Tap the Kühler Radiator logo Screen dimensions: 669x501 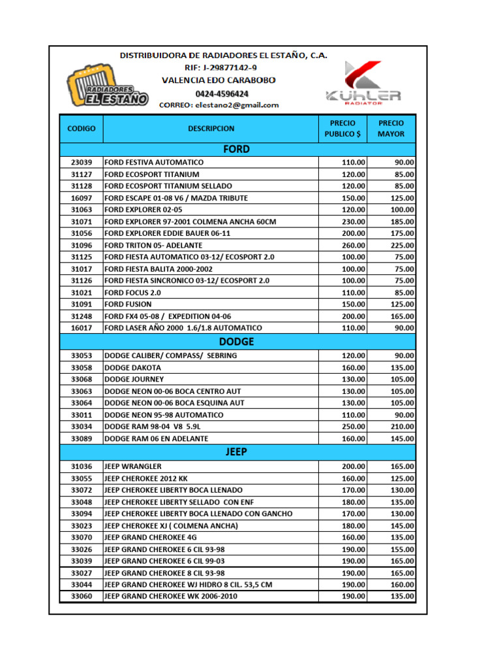tap(364, 84)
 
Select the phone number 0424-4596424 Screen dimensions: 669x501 tap(219, 93)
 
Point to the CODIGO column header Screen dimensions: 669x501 tap(81, 129)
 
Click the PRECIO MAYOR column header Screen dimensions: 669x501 tap(391, 129)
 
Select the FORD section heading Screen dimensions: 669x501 tap(236, 150)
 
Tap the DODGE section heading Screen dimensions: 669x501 tap(236, 342)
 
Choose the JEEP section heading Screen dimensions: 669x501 tap(236, 452)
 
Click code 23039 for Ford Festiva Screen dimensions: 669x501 tap(81, 162)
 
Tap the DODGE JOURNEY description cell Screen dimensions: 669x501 tap(134, 379)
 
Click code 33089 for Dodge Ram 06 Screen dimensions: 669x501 tap(81, 438)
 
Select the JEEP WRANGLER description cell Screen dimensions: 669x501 tap(133, 466)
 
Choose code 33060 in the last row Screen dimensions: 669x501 tap(81, 596)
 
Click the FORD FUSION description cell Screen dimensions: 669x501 tap(128, 304)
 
